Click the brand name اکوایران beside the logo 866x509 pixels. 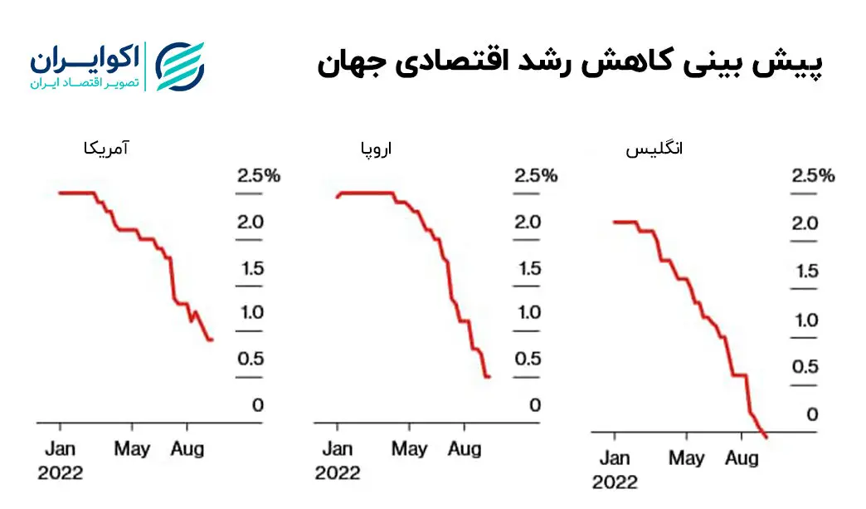tap(84, 59)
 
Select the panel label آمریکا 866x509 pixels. tap(107, 149)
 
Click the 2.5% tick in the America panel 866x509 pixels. tap(258, 176)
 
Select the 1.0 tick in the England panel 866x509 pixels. tap(805, 321)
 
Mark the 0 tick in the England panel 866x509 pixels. tap(814, 414)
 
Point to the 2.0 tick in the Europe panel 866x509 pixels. tap(528, 222)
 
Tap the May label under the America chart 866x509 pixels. tap(132, 449)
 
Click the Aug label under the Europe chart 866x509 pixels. tap(465, 449)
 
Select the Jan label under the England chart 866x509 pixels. tap(614, 458)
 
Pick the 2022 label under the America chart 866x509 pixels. tap(61, 472)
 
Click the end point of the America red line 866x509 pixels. tap(212, 340)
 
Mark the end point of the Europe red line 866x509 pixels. tap(489, 376)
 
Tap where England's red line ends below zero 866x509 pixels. tap(766, 437)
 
